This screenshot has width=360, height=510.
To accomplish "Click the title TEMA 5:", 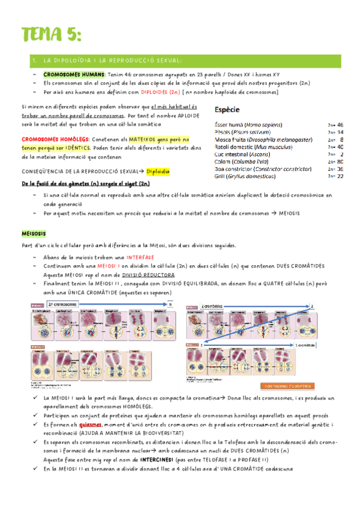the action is (50, 34).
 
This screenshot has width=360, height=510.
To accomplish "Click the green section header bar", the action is (180, 60).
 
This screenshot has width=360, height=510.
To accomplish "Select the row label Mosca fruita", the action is (231, 139).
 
